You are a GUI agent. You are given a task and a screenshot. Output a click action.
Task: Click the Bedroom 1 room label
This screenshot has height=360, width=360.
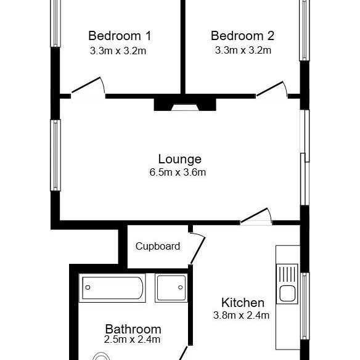(x=119, y=35)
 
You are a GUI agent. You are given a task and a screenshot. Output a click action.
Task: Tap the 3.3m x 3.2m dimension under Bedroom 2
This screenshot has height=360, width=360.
(x=242, y=51)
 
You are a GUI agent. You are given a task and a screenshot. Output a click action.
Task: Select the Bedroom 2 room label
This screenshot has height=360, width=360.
(x=242, y=35)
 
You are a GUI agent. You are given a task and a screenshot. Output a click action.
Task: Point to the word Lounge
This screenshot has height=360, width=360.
(x=179, y=159)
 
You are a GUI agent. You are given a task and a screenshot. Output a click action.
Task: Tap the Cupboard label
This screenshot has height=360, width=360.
(x=158, y=247)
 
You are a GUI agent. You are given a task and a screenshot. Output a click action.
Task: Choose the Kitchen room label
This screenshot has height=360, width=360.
(x=243, y=303)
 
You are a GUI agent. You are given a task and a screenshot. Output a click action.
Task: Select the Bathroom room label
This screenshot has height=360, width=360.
(x=133, y=329)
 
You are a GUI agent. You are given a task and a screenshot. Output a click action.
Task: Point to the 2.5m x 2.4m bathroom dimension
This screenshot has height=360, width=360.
(x=133, y=339)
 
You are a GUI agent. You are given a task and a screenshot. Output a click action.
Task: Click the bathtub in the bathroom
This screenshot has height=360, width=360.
(x=113, y=287)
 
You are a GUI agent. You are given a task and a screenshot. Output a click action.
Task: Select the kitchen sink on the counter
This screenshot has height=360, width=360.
(x=287, y=284)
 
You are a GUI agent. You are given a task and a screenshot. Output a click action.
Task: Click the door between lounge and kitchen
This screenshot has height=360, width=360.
(x=256, y=216)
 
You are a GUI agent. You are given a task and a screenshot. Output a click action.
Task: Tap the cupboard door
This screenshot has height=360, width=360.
(x=197, y=248)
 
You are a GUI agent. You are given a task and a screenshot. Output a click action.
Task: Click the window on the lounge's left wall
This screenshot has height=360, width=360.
(x=56, y=156)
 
